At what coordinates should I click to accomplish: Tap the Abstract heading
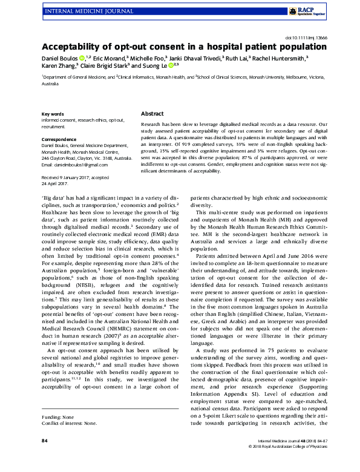point(152,114)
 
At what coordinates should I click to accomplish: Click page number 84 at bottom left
point(44,458)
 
